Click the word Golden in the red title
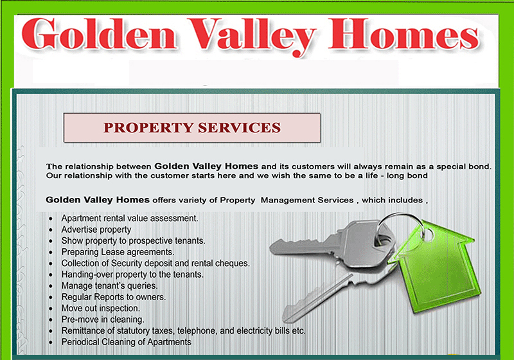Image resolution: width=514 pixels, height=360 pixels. pos(99,35)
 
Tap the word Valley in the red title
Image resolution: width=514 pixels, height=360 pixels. pos(252,36)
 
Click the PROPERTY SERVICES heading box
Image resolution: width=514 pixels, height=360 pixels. pos(191,127)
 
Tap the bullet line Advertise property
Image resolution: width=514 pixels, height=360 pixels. pos(96,230)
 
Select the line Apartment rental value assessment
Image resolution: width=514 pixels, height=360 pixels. pos(130,219)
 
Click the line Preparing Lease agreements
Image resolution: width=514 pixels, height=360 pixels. pos(118,252)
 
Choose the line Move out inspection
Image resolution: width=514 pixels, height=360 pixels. pos(101,308)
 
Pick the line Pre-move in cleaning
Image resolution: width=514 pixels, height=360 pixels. pos(103,319)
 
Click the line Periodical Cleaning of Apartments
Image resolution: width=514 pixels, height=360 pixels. pos(126,342)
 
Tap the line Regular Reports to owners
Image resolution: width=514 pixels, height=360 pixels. pos(114,297)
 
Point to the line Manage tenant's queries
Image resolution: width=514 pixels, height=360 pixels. pos(109,286)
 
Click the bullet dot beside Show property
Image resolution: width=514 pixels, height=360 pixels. pos(51,241)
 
